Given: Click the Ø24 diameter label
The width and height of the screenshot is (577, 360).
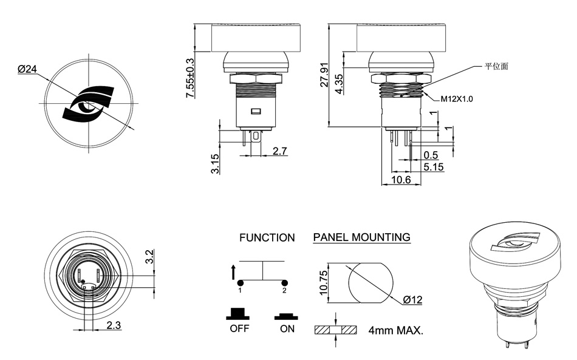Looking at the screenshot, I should click(x=27, y=69).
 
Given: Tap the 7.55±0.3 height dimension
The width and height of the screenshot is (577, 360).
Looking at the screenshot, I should click(x=189, y=78).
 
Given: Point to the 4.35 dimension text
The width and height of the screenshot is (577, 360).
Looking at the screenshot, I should click(x=338, y=83).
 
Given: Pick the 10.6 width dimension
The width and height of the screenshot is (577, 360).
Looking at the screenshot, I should click(x=401, y=180).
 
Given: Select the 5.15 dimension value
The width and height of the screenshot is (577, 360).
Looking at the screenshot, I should click(x=433, y=166).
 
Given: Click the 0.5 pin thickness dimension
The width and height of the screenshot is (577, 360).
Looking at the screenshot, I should click(x=431, y=155).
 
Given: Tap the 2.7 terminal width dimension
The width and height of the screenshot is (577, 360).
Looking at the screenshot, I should click(x=280, y=151).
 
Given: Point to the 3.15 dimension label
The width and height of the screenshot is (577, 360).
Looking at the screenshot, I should click(x=215, y=163).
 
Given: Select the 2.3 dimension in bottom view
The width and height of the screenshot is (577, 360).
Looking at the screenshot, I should click(x=114, y=325).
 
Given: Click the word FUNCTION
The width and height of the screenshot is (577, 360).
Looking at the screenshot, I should click(x=267, y=237).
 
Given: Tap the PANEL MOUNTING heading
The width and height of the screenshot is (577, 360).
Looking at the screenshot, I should click(x=361, y=237).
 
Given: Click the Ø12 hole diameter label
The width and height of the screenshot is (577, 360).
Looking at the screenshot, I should click(x=412, y=300).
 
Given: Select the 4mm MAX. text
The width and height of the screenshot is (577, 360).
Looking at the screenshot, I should click(x=395, y=331).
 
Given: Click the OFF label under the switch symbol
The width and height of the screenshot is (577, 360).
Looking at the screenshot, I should click(x=239, y=330).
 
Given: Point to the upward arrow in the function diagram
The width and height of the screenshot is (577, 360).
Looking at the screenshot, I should click(x=234, y=271).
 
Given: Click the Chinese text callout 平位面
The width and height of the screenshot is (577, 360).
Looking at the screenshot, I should click(x=496, y=66).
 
